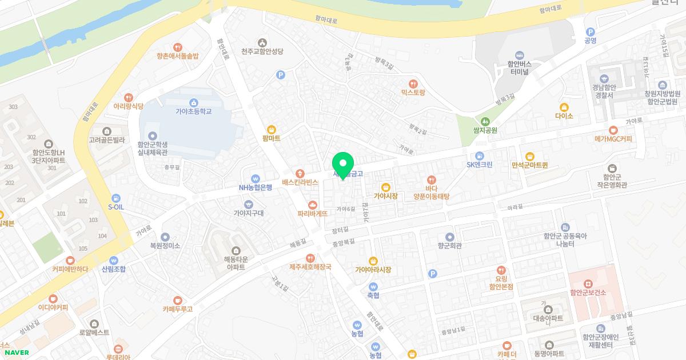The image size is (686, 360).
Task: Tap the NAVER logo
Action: [17, 352]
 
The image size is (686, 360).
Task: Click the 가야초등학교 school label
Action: [194, 111]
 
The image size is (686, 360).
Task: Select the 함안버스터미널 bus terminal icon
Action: [520, 55]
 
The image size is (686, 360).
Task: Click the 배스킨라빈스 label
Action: [300, 183]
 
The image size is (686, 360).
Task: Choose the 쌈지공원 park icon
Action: [485, 121]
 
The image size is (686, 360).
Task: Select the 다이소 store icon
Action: [564, 106]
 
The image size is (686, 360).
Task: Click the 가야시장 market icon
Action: [385, 186]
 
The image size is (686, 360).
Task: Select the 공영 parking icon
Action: [590, 32]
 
